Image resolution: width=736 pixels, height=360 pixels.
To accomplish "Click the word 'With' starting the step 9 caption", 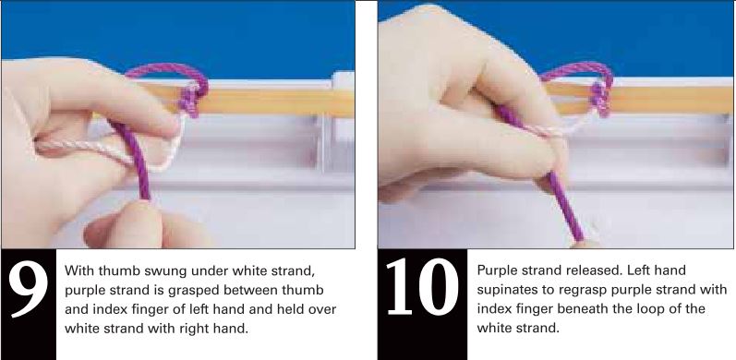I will point(79,270).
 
